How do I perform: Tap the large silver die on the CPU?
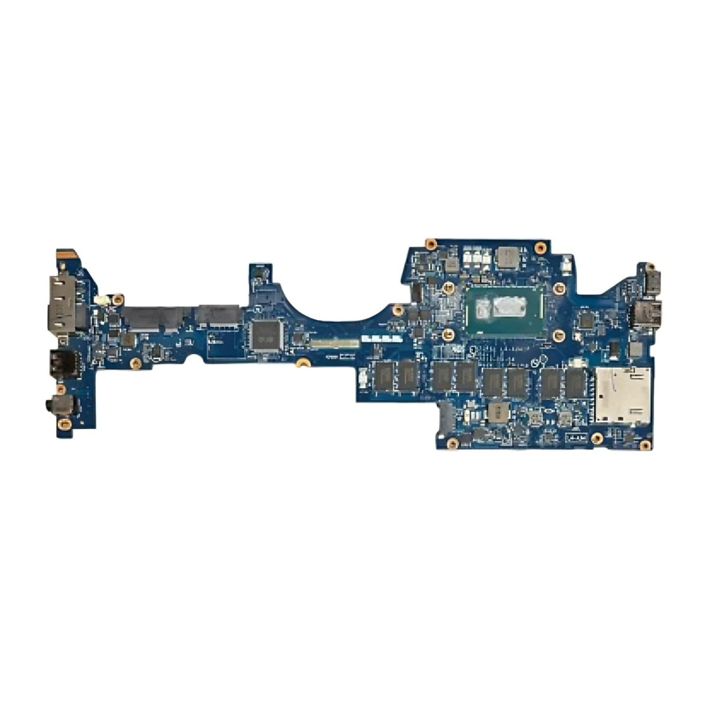tap(511, 307)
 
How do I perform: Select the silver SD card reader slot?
tap(622, 395)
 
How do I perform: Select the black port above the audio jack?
tap(62, 361)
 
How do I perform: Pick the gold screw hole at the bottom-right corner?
tap(645, 444)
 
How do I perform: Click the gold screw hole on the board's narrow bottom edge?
tap(303, 361)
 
